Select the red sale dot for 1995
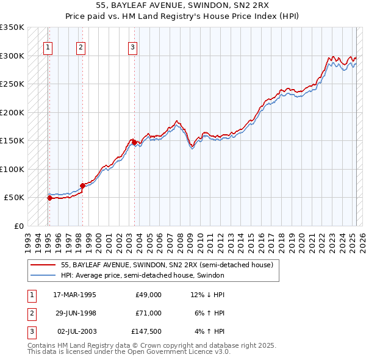[x=49, y=198]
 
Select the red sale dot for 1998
[x=82, y=185]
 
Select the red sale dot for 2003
[x=134, y=142]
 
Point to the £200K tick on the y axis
[x=12, y=112]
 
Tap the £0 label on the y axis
[x=18, y=226]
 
